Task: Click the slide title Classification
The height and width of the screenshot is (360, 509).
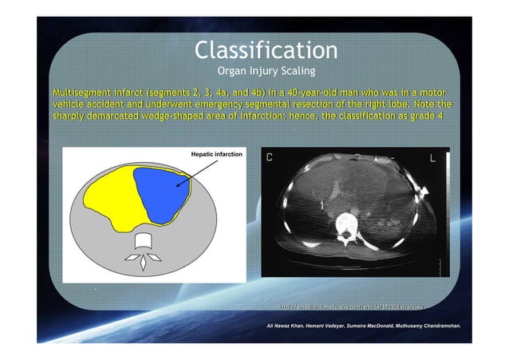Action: [x=266, y=50]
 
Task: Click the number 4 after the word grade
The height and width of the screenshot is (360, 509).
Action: [x=440, y=117]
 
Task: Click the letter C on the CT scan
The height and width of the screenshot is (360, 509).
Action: [x=270, y=158]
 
